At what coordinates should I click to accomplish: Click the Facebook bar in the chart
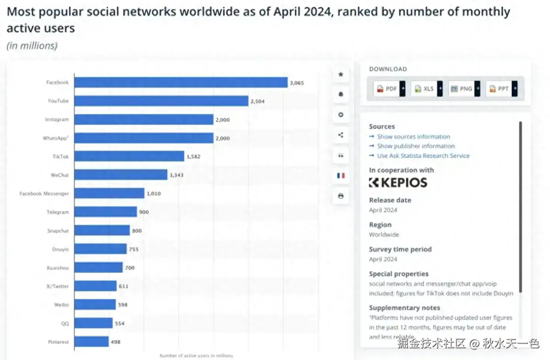click(x=181, y=82)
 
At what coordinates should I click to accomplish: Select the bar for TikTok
click(x=129, y=156)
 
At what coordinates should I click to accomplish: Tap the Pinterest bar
click(x=91, y=342)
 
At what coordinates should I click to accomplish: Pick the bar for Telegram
click(x=105, y=212)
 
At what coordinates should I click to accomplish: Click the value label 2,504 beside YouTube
click(x=258, y=101)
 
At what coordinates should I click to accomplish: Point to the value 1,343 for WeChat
click(x=176, y=175)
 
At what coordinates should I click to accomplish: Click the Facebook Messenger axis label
click(x=44, y=194)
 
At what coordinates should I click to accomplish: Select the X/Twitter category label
click(x=57, y=286)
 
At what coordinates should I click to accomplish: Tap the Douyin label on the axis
click(x=60, y=249)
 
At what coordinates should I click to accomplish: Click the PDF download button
click(x=387, y=89)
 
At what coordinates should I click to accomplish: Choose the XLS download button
click(x=424, y=89)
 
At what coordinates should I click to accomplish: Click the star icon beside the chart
click(x=341, y=74)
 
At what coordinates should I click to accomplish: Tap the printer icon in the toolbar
click(x=341, y=196)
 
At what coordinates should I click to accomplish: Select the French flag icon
click(x=341, y=175)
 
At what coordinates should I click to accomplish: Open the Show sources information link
click(x=413, y=136)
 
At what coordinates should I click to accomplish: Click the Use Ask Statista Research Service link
click(x=423, y=156)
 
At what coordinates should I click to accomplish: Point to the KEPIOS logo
click(x=398, y=183)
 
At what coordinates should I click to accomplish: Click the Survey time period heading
click(x=400, y=250)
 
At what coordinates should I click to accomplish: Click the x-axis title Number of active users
click(x=196, y=355)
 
